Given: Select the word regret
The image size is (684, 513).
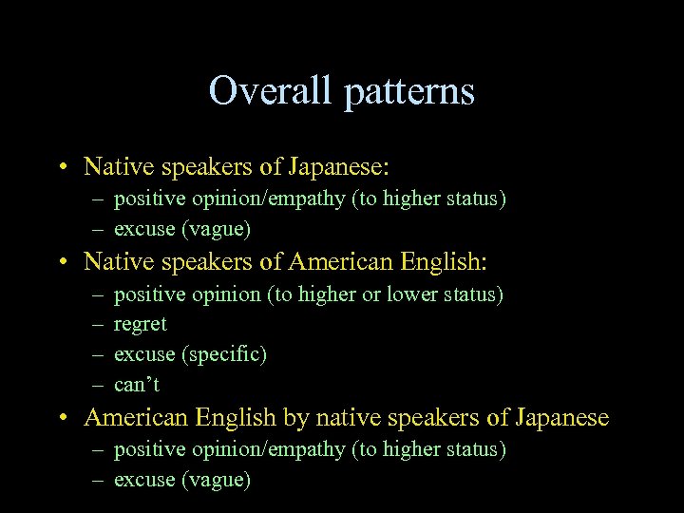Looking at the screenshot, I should (140, 325).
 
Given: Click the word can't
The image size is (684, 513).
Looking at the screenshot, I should (137, 385).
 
